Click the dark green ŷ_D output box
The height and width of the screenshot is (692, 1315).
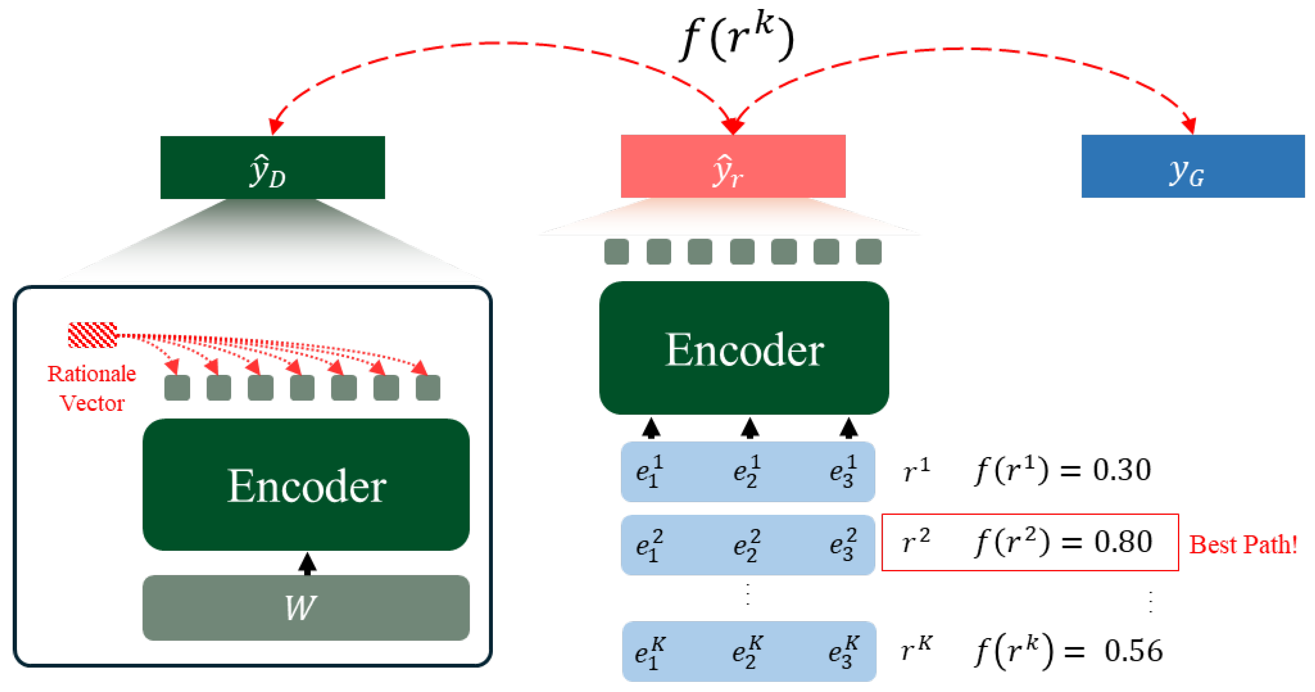pyautogui.click(x=272, y=167)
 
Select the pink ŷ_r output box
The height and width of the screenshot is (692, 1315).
pyautogui.click(x=733, y=167)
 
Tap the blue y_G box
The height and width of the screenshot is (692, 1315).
pyautogui.click(x=1192, y=167)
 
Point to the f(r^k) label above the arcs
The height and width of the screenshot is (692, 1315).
pyautogui.click(x=737, y=37)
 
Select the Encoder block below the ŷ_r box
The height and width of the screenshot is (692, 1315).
pyautogui.click(x=744, y=348)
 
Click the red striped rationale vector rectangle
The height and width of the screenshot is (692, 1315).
pyautogui.click(x=92, y=335)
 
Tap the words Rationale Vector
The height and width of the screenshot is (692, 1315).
pyautogui.click(x=92, y=388)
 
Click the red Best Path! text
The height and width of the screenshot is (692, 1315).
pyautogui.click(x=1243, y=544)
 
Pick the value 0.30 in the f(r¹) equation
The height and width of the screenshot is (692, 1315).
pyautogui.click(x=1122, y=469)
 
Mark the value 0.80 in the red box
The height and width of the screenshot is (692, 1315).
pyautogui.click(x=1122, y=541)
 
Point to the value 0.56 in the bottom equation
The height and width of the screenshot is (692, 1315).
pyautogui.click(x=1133, y=651)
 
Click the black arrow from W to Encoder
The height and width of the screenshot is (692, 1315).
pyautogui.click(x=307, y=564)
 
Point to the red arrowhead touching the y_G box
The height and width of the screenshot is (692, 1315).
pyautogui.click(x=1190, y=125)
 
